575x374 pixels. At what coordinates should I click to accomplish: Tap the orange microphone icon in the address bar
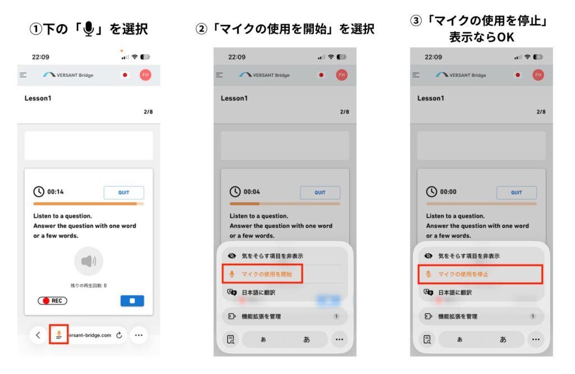[58, 334]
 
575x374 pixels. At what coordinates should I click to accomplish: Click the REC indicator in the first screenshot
[52, 300]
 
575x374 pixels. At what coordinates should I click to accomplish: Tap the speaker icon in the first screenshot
[88, 261]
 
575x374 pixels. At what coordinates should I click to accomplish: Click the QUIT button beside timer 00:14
[124, 193]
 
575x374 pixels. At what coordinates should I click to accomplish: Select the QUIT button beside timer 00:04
[320, 193]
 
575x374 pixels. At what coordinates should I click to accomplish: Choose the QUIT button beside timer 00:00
[517, 193]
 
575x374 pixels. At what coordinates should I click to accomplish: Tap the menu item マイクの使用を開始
[267, 274]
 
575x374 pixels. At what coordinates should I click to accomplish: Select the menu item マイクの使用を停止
[463, 274]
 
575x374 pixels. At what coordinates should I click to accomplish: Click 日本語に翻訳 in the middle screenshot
[258, 292]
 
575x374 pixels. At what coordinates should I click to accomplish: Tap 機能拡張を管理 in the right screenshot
[458, 316]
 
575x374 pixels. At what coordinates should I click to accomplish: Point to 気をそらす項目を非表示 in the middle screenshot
[272, 256]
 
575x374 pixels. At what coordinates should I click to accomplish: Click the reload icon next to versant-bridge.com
[119, 335]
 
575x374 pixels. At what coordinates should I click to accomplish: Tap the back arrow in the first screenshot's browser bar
[38, 335]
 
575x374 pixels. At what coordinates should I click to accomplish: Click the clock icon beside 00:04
[235, 191]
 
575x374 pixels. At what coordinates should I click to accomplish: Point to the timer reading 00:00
[448, 191]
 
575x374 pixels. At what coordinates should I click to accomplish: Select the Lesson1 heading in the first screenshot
[38, 98]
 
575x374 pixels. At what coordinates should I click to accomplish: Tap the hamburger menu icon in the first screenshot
[23, 75]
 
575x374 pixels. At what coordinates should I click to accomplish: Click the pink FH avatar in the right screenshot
[538, 75]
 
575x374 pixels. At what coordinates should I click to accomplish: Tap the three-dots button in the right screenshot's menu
[536, 340]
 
